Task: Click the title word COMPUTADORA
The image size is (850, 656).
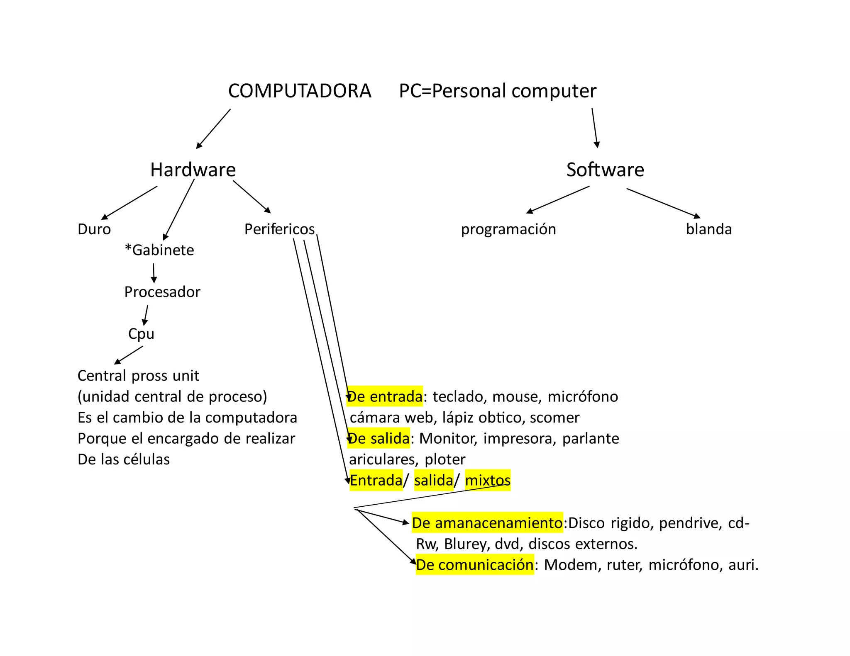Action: tap(299, 91)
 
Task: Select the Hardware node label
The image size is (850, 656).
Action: tap(193, 170)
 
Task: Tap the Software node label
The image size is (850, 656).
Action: tap(605, 170)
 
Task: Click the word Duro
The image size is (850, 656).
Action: tap(94, 229)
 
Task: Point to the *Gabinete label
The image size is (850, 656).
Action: tap(159, 250)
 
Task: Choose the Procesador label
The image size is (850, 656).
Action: tap(162, 292)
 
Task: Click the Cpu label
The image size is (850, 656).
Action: tap(141, 334)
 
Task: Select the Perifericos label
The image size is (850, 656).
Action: tap(279, 229)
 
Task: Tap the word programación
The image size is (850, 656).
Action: tap(508, 229)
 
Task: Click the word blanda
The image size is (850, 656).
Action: tap(708, 229)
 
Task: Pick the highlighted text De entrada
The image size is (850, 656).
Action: tap(385, 397)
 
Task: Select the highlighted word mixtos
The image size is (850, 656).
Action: tap(488, 481)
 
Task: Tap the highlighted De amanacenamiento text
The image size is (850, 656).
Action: tap(487, 523)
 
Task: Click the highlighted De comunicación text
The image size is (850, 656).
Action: tap(475, 565)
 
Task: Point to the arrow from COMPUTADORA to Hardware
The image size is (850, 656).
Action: tap(213, 129)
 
